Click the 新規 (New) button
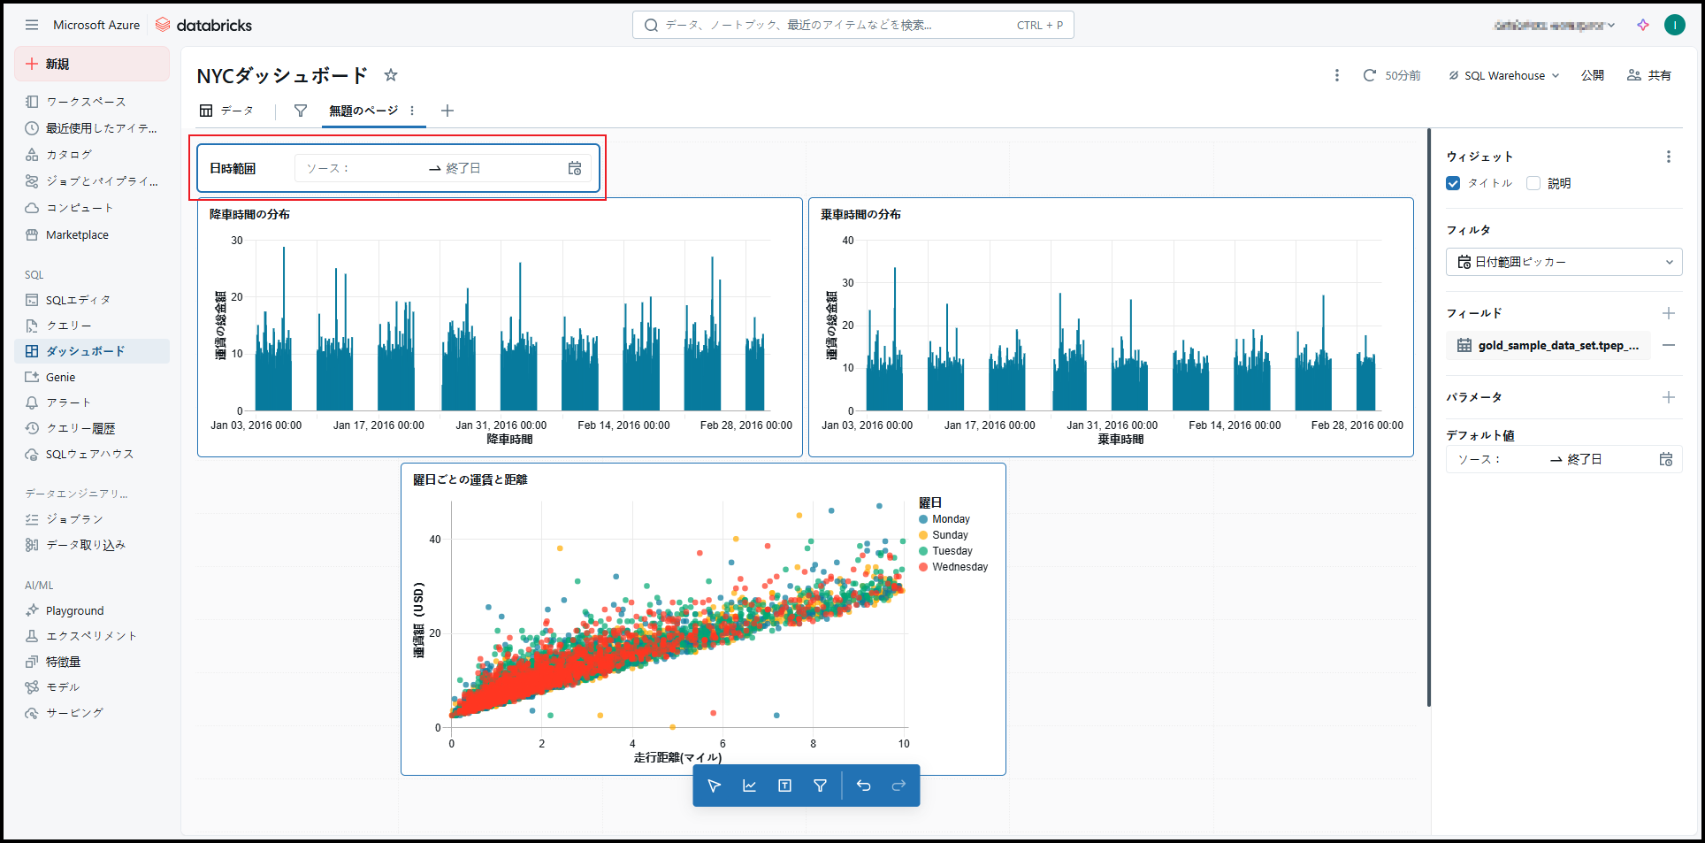(91, 64)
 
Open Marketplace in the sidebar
(77, 234)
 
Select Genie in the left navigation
(60, 377)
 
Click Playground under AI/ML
(74, 610)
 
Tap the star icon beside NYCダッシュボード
(391, 75)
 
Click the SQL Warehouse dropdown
(1504, 75)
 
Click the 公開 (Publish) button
(1592, 75)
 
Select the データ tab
(227, 111)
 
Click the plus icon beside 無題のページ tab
(447, 111)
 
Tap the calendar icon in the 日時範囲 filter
(575, 168)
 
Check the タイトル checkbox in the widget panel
(1453, 183)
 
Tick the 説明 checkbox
(1533, 183)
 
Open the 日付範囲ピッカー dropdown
(1564, 262)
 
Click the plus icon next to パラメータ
(1668, 397)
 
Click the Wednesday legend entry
(960, 567)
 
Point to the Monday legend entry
(951, 519)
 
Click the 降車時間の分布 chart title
(249, 214)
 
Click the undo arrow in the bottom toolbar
(864, 786)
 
